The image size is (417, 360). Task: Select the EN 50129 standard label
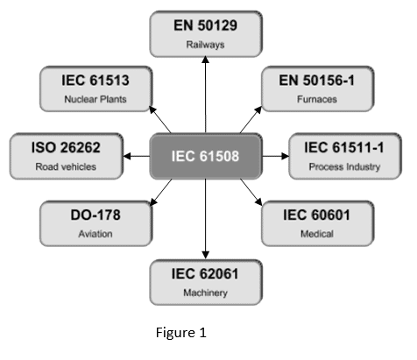(x=206, y=25)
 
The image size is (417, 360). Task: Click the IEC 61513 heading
(x=95, y=81)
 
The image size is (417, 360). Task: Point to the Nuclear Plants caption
(x=95, y=99)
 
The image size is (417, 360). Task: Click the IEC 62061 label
(x=206, y=273)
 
